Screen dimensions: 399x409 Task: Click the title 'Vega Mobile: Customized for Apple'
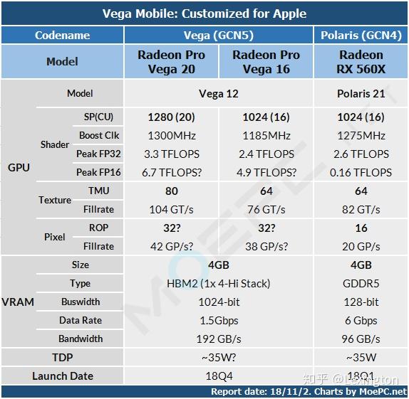pos(204,14)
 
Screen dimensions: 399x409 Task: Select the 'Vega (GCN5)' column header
pos(219,35)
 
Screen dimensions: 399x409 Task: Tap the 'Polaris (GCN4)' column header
pos(361,35)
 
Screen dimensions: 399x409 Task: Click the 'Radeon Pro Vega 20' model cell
pos(171,62)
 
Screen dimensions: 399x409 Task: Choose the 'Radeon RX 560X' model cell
pos(361,62)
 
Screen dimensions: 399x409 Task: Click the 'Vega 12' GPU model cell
pos(219,93)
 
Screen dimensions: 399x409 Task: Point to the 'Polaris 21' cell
pos(361,93)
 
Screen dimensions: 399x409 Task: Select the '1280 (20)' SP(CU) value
pos(171,117)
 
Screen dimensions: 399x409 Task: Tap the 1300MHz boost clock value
pos(171,135)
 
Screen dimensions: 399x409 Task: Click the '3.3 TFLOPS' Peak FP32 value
pos(171,154)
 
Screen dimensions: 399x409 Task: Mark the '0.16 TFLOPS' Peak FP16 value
pos(361,172)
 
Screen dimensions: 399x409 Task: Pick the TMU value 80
pos(171,191)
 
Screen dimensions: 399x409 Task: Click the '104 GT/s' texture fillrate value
pos(171,209)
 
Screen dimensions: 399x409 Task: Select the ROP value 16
pos(361,228)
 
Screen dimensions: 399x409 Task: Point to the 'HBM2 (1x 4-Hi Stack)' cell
pos(219,283)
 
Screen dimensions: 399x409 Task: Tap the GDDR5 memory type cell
pos(361,283)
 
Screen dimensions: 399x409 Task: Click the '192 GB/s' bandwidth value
pos(219,339)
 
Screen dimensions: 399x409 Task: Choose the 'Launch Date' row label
pos(63,376)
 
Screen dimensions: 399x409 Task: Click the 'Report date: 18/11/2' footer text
pos(254,392)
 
